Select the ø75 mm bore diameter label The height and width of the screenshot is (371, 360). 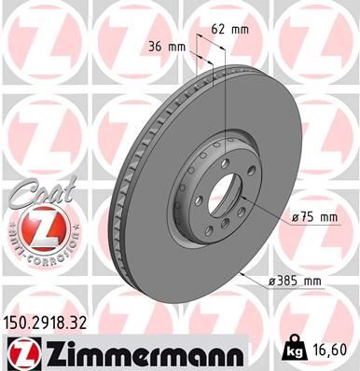[313, 217]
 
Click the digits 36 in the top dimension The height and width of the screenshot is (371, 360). [155, 46]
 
